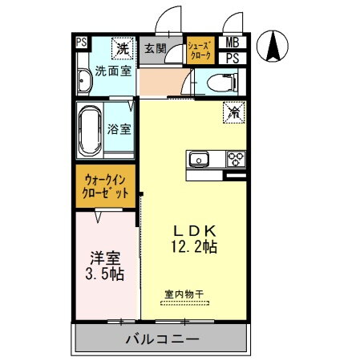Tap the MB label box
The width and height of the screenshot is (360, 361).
coord(231,43)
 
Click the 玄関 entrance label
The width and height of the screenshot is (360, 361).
coord(154,48)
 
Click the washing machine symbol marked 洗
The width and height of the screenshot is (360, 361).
coord(122,48)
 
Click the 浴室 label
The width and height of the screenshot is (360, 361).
coord(120,128)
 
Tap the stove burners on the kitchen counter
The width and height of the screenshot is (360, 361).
coord(235,158)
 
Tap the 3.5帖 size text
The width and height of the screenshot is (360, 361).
coord(104,274)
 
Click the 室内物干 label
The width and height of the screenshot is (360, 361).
coord(184,294)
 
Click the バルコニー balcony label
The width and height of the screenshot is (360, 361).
coord(162,340)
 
